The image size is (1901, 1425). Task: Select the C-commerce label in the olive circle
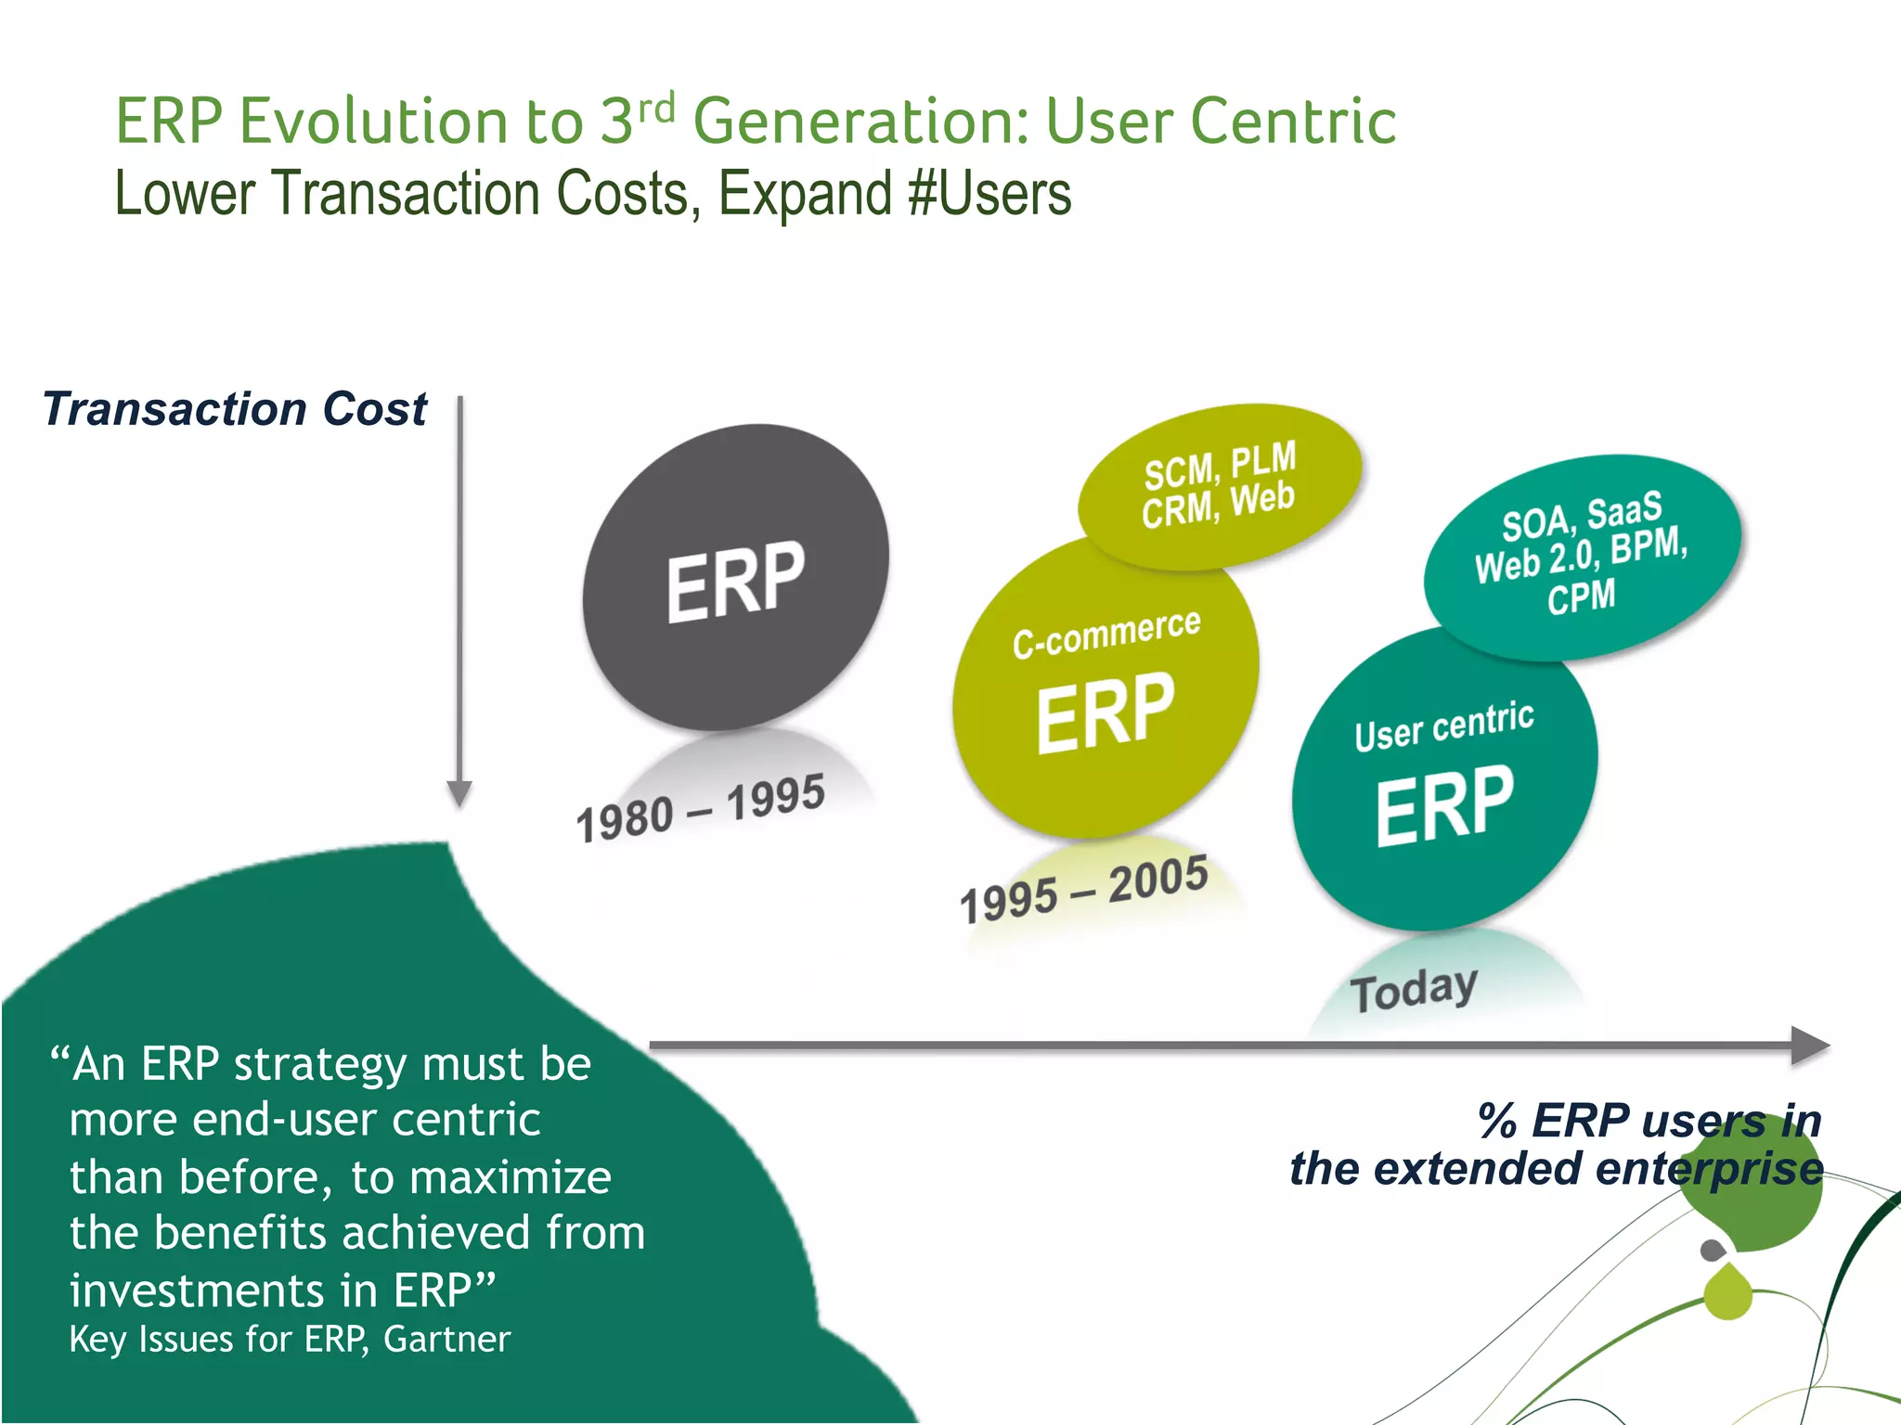click(x=1106, y=633)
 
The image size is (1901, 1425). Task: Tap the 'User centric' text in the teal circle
click(x=1443, y=725)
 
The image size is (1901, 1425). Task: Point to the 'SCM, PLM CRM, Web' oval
click(x=1219, y=485)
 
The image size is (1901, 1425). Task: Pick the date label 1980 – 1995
click(x=700, y=808)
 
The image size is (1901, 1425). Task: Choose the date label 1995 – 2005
click(x=1083, y=889)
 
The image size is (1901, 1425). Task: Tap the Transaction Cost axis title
click(x=234, y=409)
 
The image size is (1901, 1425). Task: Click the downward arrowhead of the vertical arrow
click(x=459, y=794)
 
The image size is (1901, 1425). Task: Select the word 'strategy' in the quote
click(x=319, y=1064)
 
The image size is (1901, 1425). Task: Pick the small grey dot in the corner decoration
click(x=1713, y=1250)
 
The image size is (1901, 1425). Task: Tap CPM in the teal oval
click(x=1581, y=597)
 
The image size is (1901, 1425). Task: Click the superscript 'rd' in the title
click(x=656, y=109)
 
